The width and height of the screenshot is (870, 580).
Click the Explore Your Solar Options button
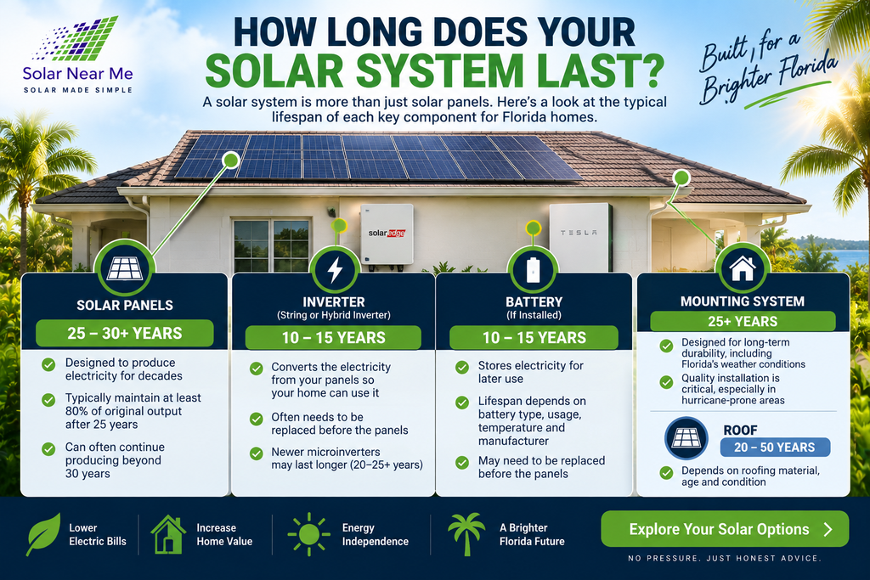[x=725, y=529]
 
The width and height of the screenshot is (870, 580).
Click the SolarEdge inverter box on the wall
[x=387, y=234]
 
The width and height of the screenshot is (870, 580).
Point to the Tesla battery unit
[x=580, y=237]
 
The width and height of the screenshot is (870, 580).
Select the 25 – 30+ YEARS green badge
[x=125, y=333]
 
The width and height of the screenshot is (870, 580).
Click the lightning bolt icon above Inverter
[x=335, y=271]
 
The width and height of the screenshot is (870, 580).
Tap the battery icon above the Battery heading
[x=533, y=270]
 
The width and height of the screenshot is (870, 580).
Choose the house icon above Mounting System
[x=743, y=269]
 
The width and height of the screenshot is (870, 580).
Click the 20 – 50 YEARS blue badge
[x=775, y=448]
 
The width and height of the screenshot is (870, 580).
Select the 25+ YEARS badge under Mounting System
[x=743, y=321]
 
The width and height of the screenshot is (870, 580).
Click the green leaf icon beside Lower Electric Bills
[x=43, y=534]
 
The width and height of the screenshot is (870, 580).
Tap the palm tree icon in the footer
[x=466, y=534]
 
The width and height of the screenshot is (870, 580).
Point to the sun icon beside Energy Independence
[x=308, y=534]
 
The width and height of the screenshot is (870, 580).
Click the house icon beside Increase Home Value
[x=168, y=534]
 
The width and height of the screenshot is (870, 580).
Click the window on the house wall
[x=271, y=245]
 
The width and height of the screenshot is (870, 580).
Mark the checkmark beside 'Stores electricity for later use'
[x=462, y=367]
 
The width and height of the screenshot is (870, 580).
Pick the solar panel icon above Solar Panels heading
[x=125, y=269]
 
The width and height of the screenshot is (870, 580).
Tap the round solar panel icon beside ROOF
[x=686, y=438]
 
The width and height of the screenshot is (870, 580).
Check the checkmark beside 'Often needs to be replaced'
[x=256, y=419]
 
